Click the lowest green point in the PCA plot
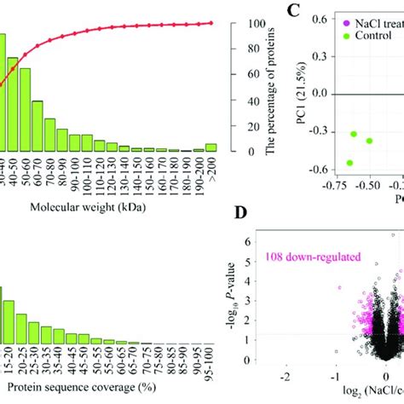349,162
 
